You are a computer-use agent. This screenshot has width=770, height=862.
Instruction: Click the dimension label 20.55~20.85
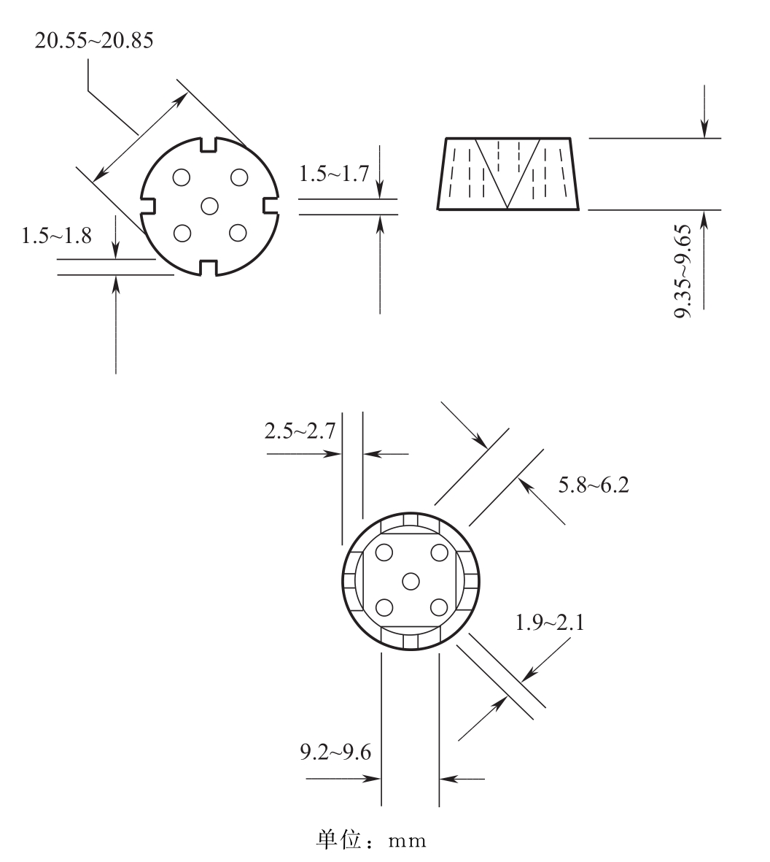(x=94, y=41)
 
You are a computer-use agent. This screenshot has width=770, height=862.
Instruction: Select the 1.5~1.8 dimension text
(x=57, y=236)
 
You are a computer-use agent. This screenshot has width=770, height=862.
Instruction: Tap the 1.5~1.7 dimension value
(x=334, y=174)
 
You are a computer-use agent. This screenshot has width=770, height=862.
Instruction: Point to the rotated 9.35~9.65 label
(x=683, y=271)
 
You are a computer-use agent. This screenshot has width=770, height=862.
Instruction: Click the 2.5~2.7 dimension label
(x=300, y=431)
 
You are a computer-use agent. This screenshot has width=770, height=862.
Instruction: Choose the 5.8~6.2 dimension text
(x=594, y=485)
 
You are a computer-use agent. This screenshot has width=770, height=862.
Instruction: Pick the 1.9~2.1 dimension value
(x=550, y=623)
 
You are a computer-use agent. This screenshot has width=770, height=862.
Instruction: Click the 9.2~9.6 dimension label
(x=335, y=752)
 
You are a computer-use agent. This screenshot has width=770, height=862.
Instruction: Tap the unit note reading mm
(x=407, y=841)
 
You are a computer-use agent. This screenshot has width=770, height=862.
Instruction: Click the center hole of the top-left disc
(x=210, y=206)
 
